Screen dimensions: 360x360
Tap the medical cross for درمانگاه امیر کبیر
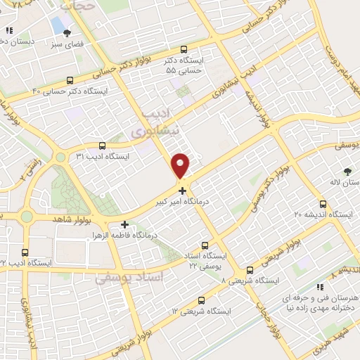click(183, 190)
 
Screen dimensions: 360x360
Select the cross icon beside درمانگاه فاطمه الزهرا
click(125, 225)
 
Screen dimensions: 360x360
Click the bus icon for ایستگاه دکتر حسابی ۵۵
click(184, 49)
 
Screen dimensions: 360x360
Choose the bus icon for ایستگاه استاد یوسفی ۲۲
click(205, 246)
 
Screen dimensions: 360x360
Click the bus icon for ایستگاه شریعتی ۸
click(250, 270)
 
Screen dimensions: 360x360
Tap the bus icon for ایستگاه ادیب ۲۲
click(25, 252)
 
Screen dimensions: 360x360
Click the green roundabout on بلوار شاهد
click(27, 217)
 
